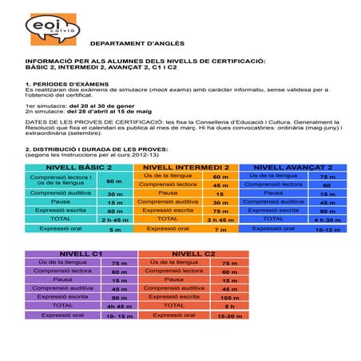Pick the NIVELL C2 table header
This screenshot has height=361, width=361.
pyautogui.click(x=188, y=253)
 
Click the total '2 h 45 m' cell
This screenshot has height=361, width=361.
pyautogui.click(x=115, y=219)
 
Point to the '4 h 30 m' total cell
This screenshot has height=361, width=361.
pyautogui.click(x=327, y=219)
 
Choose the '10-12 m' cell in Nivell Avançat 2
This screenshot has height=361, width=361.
pyautogui.click(x=327, y=228)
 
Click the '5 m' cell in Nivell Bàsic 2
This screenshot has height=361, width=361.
pyautogui.click(x=115, y=229)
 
